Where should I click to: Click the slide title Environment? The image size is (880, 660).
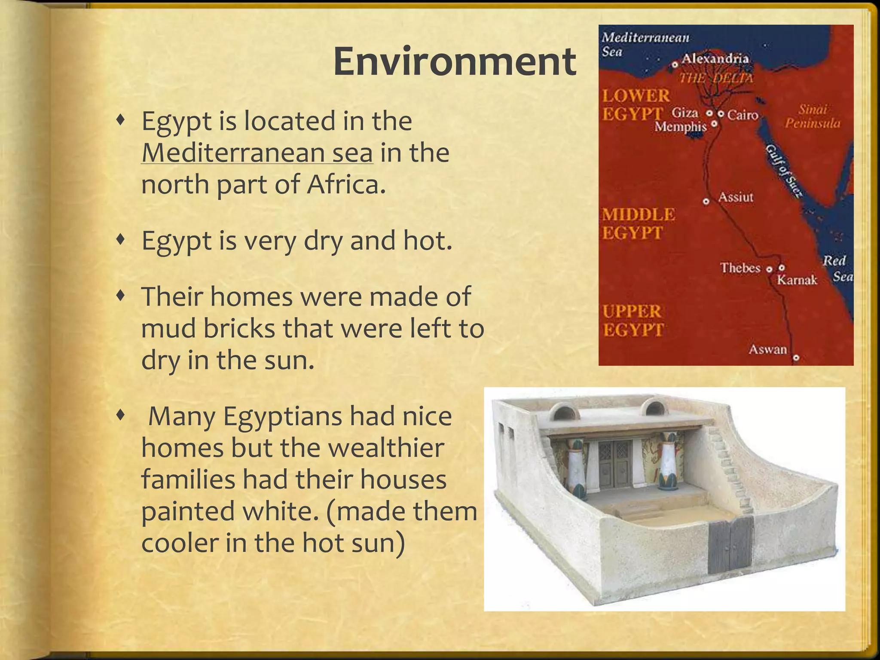coord(454,61)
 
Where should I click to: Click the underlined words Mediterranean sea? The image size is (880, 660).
coord(257,153)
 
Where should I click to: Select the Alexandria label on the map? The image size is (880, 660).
coord(715,58)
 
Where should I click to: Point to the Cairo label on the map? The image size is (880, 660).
coord(742,115)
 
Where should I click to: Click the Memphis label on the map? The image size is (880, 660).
coord(680,127)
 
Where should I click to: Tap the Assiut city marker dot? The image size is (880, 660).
coord(706,201)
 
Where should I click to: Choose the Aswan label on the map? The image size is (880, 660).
coord(767,349)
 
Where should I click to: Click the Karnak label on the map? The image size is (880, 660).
coord(797,280)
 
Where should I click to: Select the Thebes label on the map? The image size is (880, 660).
coord(740,268)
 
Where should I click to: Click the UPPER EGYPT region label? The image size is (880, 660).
coord(632,321)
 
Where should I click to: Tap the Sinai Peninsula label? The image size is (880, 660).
coord(812,116)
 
